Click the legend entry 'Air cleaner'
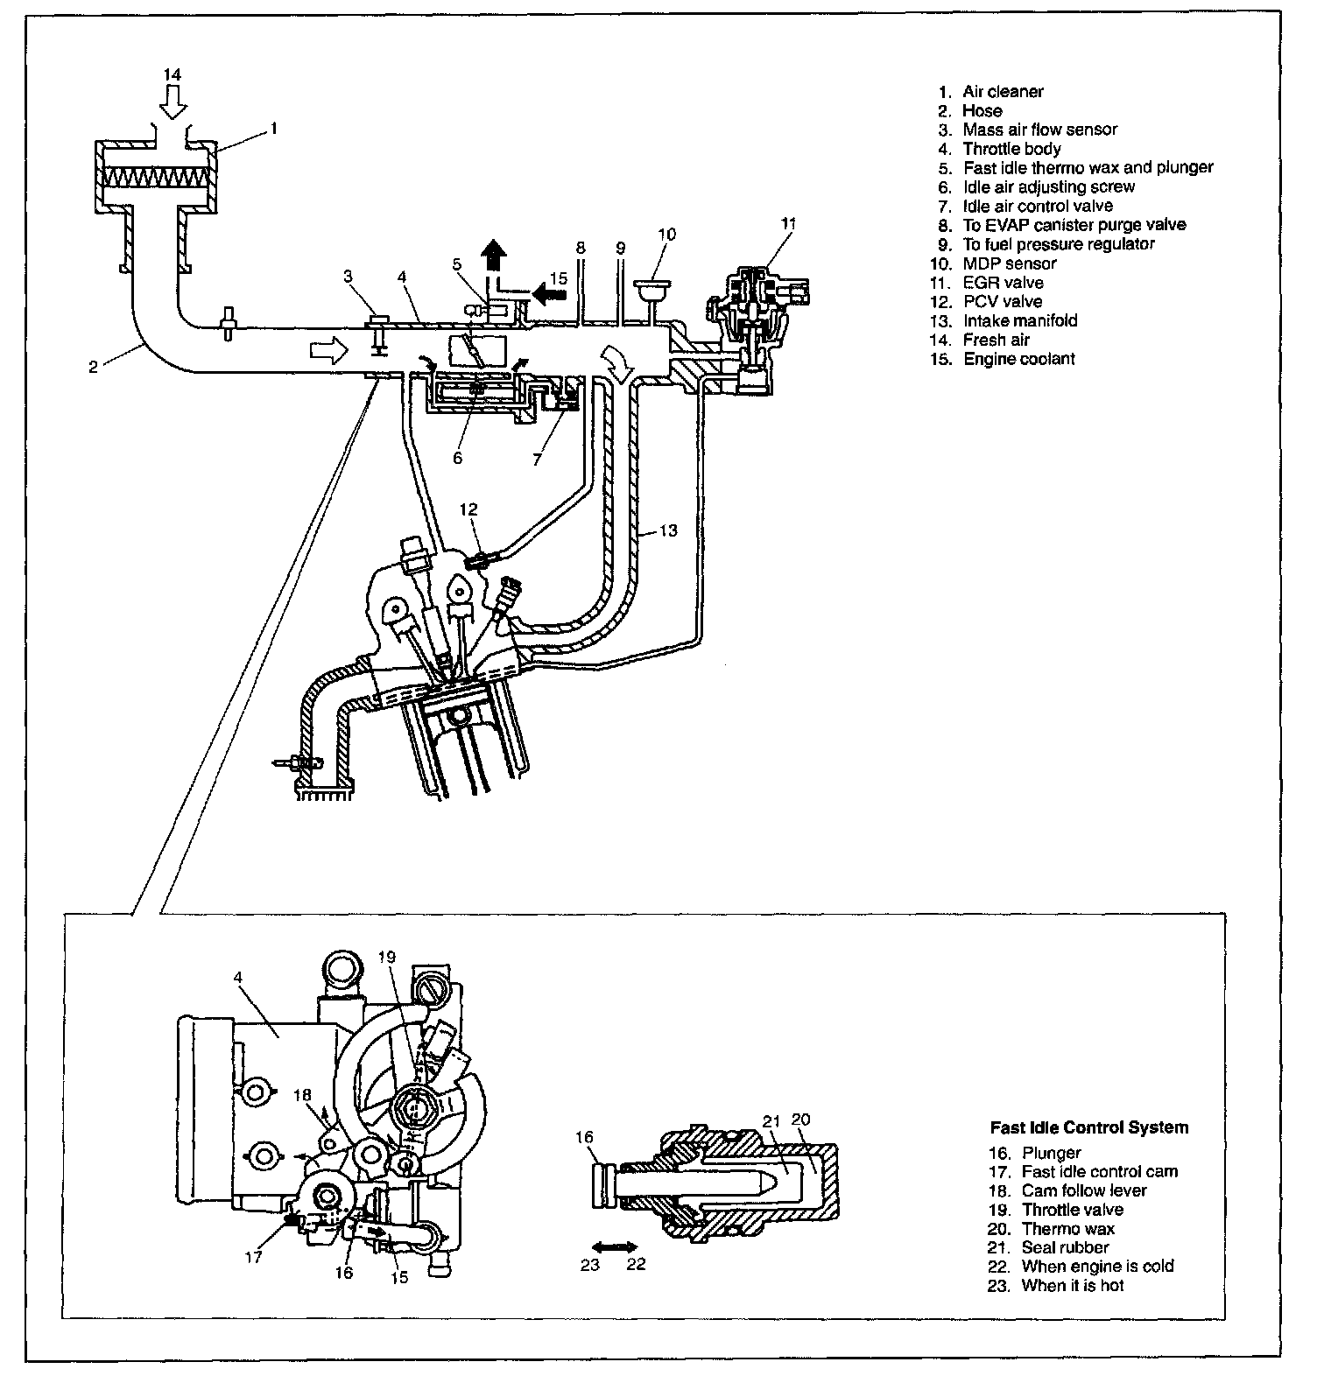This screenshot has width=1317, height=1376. (1003, 92)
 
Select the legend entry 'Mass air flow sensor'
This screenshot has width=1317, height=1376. (1039, 130)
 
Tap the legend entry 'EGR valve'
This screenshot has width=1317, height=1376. (1003, 283)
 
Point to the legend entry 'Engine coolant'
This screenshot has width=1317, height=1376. (1018, 359)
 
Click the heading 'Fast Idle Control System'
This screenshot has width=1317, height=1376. (1089, 1127)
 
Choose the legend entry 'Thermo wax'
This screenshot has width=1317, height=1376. (1067, 1229)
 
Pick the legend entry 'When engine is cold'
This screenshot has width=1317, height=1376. (1097, 1267)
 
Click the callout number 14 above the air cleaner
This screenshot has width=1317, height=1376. (173, 75)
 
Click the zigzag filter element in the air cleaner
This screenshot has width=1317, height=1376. (155, 178)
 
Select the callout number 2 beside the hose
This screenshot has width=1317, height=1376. (94, 367)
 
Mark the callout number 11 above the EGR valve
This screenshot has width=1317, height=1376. (788, 224)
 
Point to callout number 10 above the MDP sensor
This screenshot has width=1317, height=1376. (667, 235)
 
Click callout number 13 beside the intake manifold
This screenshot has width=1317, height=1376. (668, 530)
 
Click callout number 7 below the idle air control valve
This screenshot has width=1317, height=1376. (538, 459)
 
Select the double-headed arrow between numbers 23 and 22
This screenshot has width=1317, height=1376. (614, 1246)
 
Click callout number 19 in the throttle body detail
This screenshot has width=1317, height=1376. (388, 957)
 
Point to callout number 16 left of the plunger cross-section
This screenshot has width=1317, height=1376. (585, 1138)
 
